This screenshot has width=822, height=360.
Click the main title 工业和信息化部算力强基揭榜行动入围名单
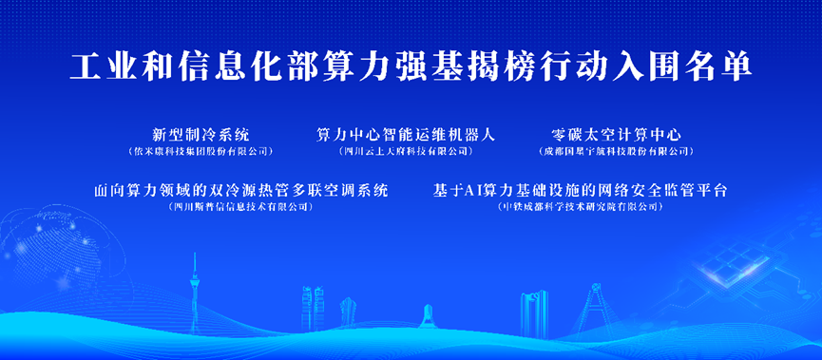(x=411, y=66)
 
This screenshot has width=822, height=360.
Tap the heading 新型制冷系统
(x=200, y=135)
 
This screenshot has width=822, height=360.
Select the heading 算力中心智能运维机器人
(x=406, y=135)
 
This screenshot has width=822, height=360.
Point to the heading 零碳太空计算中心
(x=616, y=135)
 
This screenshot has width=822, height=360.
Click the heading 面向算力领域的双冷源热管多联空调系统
(x=241, y=190)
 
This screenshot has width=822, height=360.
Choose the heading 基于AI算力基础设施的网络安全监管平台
(x=580, y=190)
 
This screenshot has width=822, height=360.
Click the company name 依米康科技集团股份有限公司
(x=200, y=151)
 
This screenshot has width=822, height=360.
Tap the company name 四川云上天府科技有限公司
(x=406, y=151)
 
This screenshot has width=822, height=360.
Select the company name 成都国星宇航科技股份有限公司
(x=616, y=151)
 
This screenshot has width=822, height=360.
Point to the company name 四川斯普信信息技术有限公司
(x=241, y=206)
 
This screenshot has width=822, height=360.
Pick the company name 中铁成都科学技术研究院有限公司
(x=580, y=206)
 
